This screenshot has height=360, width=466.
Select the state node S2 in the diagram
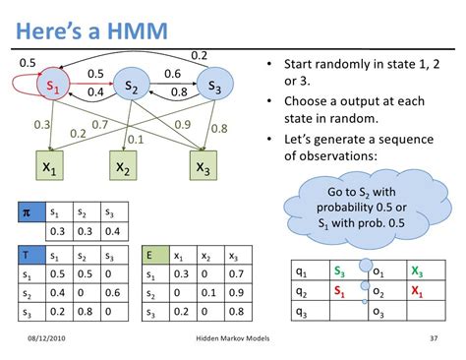130,88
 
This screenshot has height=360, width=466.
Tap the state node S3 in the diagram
213,87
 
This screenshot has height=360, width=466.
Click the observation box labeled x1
49,168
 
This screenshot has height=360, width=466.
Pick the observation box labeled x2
123,168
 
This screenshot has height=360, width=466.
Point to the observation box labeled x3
203,168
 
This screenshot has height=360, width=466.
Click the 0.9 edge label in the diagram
182,124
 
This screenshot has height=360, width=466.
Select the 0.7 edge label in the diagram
99,126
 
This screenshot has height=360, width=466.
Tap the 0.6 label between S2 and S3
172,73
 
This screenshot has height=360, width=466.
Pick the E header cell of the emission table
147,256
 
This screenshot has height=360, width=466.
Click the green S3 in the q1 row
339,270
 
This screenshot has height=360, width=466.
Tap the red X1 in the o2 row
419,292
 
